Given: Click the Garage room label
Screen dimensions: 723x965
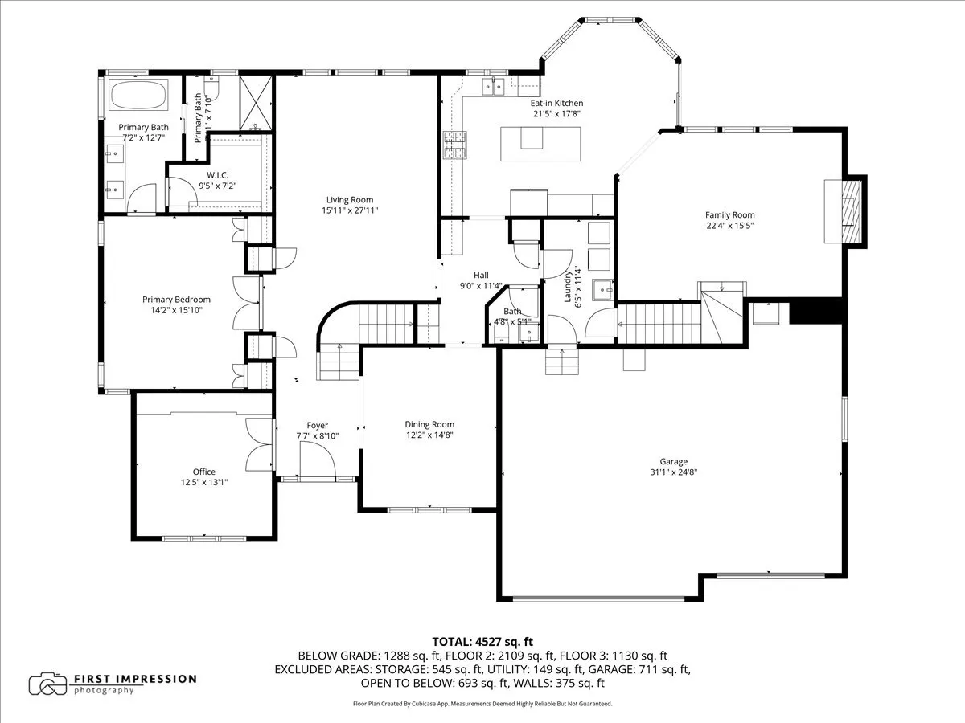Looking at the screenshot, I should click(x=673, y=462).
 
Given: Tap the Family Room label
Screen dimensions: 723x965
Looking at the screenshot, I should click(x=729, y=214).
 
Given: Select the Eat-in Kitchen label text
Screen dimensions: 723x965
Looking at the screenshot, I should click(x=556, y=104).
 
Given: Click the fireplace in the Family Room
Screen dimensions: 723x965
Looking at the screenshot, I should click(x=844, y=210).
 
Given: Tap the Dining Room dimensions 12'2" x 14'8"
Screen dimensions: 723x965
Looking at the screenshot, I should click(x=429, y=435).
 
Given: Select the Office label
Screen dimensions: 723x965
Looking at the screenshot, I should click(x=203, y=472).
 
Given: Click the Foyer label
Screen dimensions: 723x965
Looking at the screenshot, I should click(x=317, y=426).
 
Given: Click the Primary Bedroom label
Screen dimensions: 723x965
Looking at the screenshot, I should click(x=176, y=300).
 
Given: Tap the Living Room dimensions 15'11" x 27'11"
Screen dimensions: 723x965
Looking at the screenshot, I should click(x=349, y=210).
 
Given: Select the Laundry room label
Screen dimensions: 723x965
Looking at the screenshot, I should click(x=568, y=284).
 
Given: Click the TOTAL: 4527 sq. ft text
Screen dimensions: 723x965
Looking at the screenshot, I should click(x=482, y=641).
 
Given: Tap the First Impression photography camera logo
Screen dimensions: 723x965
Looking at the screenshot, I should click(x=47, y=684).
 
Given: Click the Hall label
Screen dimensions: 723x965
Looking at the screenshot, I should click(x=481, y=275).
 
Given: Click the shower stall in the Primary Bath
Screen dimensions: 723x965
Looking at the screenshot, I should click(x=257, y=102).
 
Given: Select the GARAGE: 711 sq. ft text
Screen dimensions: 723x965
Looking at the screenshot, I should click(x=640, y=669).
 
